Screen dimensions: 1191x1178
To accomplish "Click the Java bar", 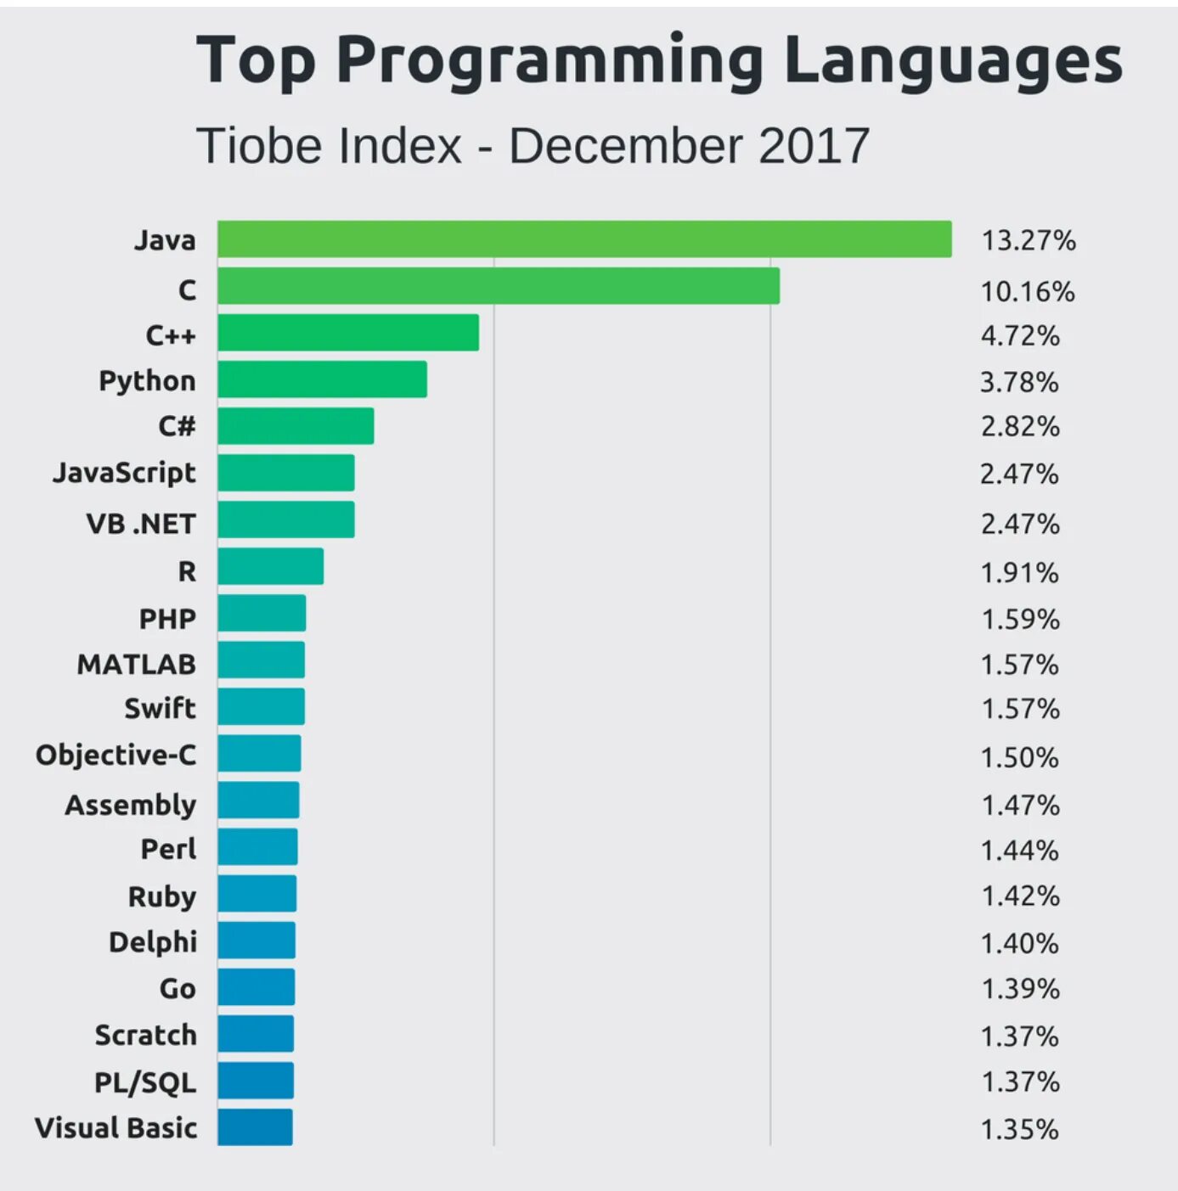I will [584, 239].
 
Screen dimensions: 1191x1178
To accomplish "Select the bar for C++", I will [348, 333].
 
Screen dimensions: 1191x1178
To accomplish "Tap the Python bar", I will [322, 379].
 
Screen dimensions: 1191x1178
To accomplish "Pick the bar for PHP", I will [262, 613].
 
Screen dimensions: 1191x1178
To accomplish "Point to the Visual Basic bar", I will [255, 1127].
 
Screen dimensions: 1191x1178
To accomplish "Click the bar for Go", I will [256, 987].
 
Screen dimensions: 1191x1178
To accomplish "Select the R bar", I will [270, 566].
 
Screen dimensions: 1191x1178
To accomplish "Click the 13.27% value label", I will [1029, 241].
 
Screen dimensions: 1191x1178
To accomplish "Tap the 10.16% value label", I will [1028, 292].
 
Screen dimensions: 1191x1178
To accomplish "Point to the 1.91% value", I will [1019, 573].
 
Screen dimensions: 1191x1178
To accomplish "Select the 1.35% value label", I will [1019, 1130].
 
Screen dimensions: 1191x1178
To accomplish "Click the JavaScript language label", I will [124, 473].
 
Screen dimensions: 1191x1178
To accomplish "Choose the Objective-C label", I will [116, 755].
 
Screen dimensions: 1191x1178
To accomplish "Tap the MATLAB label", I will [136, 664].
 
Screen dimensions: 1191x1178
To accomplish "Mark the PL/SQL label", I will [144, 1082].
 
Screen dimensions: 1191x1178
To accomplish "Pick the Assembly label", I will [130, 804].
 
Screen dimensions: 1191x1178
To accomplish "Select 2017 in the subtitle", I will [814, 146].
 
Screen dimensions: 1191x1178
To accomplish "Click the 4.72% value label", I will [1020, 336].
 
